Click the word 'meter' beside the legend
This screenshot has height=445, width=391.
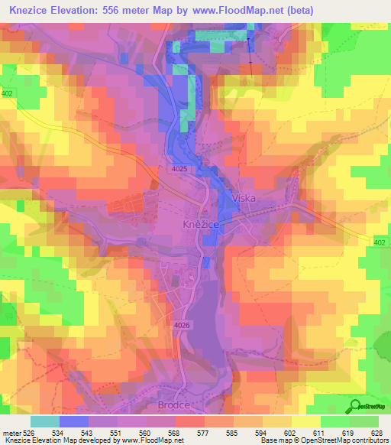point(11,433)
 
